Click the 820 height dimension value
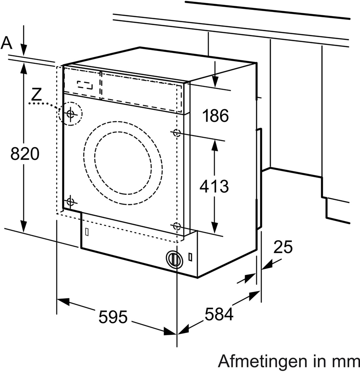(x=25, y=154)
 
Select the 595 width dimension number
(x=112, y=317)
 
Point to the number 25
(x=283, y=247)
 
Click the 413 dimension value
(x=214, y=186)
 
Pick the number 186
(x=215, y=116)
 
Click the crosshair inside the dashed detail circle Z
(x=70, y=113)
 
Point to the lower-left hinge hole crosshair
(x=69, y=202)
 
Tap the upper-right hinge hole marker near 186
(x=177, y=133)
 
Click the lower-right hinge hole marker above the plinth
(x=177, y=226)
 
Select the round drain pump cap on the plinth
(x=174, y=259)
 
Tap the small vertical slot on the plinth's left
(x=86, y=232)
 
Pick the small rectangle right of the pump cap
(x=190, y=257)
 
